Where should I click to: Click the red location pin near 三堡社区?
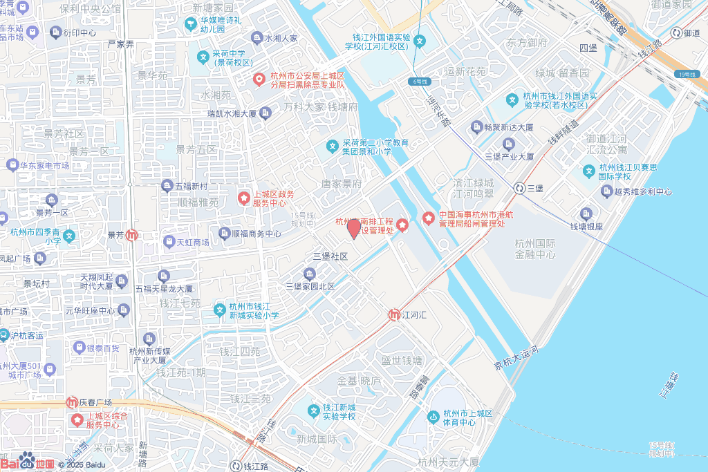pyautogui.click(x=353, y=228)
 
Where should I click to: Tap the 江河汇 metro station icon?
pyautogui.click(x=393, y=315)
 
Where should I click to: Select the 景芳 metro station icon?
pyautogui.click(x=132, y=235)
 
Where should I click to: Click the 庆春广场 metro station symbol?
pyautogui.click(x=72, y=402)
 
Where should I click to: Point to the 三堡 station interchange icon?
pyautogui.click(x=519, y=188)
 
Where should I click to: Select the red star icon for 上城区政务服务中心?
pyautogui.click(x=243, y=198)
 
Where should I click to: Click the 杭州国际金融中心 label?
pyautogui.click(x=535, y=249)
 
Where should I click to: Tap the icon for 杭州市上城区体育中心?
pyautogui.click(x=434, y=416)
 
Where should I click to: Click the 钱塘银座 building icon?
pyautogui.click(x=586, y=214)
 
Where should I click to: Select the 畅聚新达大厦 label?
pyautogui.click(x=508, y=127)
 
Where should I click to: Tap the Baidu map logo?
pyautogui.click(x=28, y=463)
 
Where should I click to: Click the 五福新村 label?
pyautogui.click(x=192, y=186)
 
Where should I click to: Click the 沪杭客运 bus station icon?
pyautogui.click(x=4, y=335)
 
